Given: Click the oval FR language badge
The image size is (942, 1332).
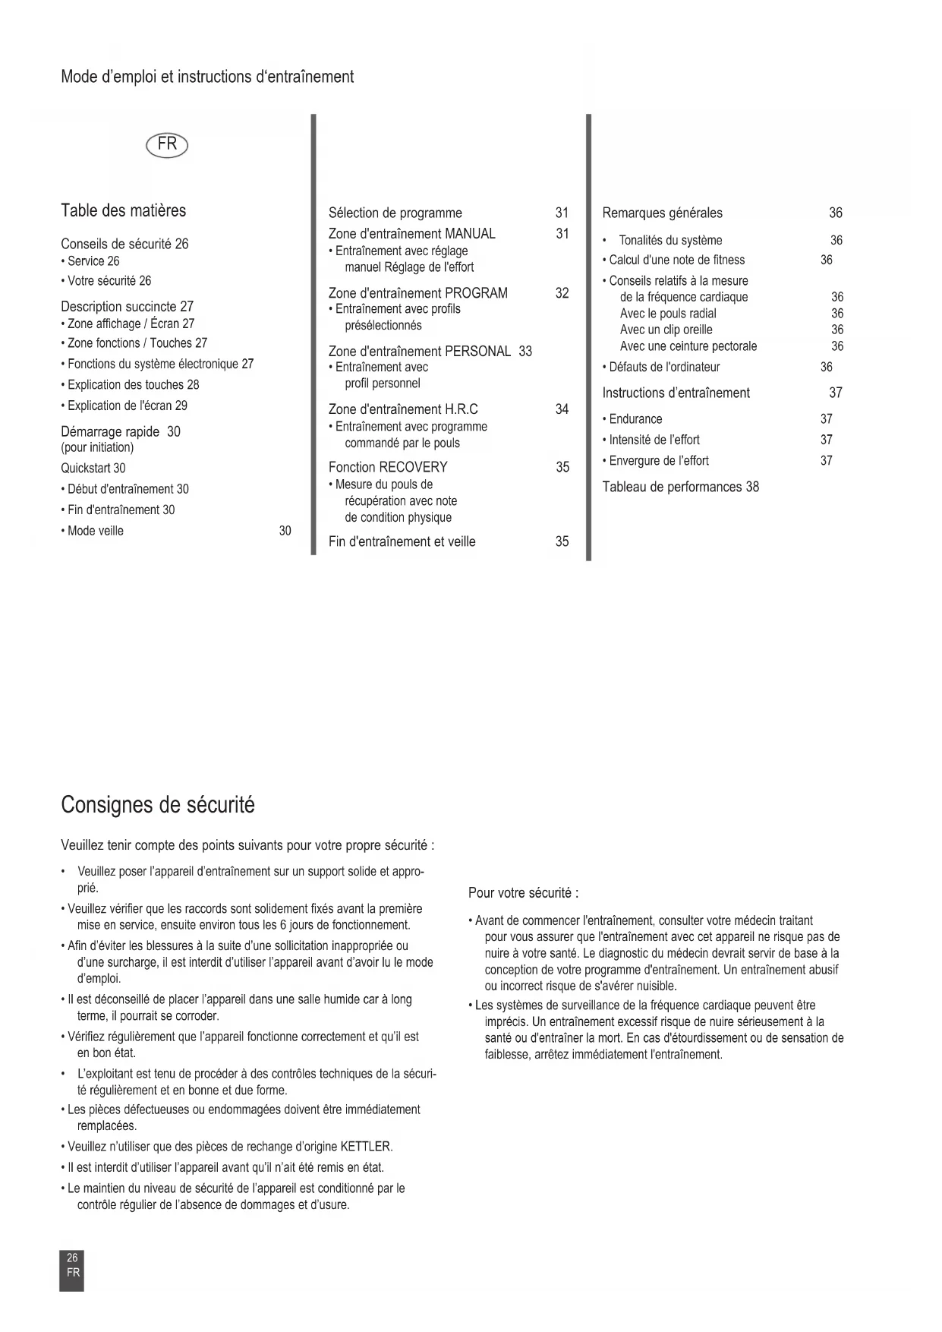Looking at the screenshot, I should click(167, 144).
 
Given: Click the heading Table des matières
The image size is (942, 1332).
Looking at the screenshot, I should click(123, 210).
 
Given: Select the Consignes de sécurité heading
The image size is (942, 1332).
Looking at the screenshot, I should click(158, 804).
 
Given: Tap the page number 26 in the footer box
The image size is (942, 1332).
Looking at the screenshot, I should click(72, 1258).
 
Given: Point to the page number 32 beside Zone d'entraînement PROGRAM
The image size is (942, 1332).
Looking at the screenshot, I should click(562, 293).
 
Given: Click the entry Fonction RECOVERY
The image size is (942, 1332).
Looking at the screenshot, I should click(388, 467).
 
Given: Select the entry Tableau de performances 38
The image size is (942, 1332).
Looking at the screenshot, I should click(680, 487).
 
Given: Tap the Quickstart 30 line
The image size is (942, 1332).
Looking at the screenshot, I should click(93, 468).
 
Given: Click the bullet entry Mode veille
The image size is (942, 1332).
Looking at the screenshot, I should click(95, 531).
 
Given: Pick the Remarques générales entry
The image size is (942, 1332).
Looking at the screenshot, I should click(662, 213).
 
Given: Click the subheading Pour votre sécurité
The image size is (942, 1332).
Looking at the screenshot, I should click(523, 892).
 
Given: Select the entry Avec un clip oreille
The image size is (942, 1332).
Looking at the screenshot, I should click(666, 330).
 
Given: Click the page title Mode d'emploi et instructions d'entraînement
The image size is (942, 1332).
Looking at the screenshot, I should click(207, 77).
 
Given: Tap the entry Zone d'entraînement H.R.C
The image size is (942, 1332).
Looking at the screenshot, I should click(403, 409).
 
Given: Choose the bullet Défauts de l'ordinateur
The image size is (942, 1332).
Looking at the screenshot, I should click(664, 367).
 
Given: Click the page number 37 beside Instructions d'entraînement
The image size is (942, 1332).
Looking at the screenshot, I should click(835, 393).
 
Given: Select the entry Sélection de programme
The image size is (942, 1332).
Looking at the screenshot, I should click(395, 213).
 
